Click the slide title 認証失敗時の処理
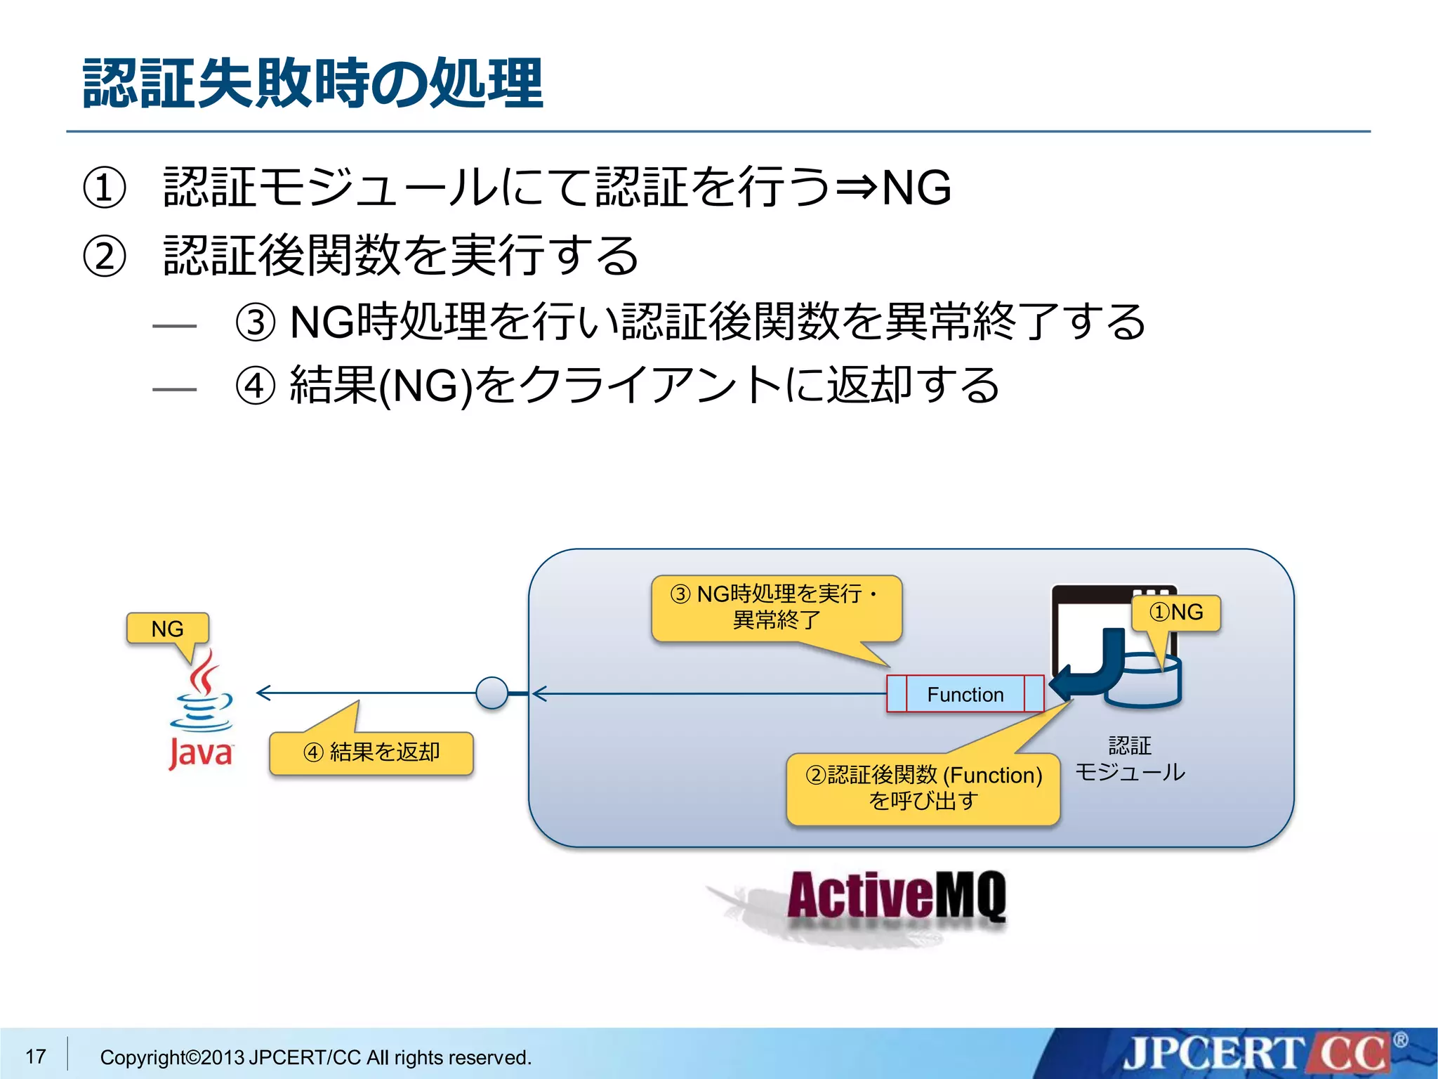pos(312,84)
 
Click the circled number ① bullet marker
pos(104,188)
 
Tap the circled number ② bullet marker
pos(104,256)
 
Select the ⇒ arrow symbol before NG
pos(856,188)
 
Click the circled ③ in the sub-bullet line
pos(255,323)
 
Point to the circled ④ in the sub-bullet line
pos(255,386)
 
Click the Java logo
pos(202,709)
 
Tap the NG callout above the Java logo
pos(167,629)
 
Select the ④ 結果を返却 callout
pos(371,753)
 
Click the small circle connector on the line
pos(492,693)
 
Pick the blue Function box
pos(965,694)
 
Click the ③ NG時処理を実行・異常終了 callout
pos(776,608)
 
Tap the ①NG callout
pos(1176,613)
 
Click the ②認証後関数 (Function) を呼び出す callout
pos(923,788)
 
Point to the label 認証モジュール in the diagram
pos(1130,759)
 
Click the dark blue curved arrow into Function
pos(1092,667)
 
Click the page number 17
pos(36,1056)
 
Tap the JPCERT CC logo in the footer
pos(1257,1054)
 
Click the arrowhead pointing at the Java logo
pos(263,693)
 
